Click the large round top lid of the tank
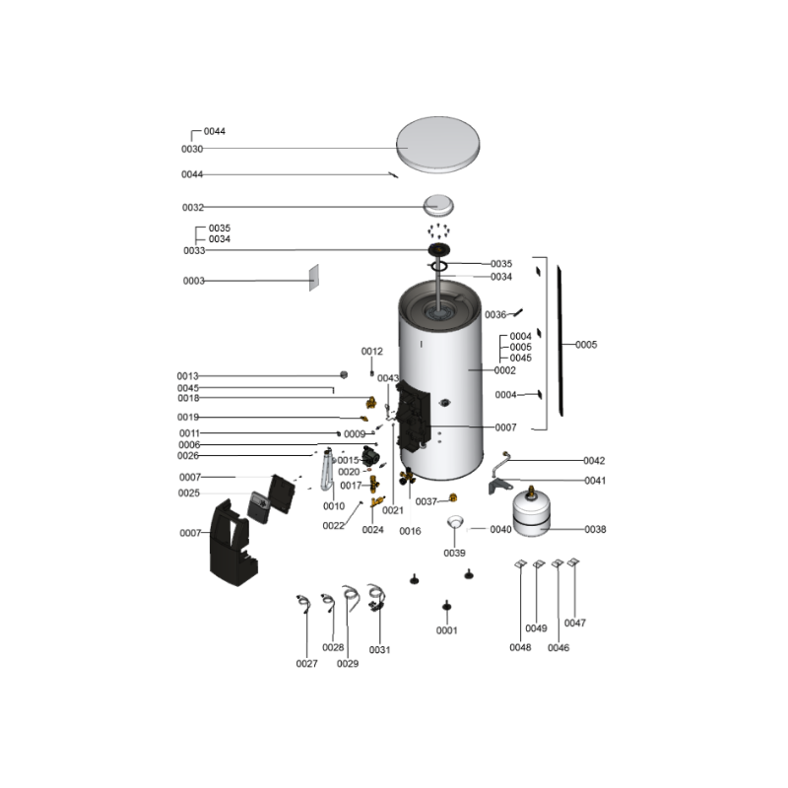437,145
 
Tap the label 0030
192,149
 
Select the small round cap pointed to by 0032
438,205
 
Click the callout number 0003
193,281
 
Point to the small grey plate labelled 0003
313,278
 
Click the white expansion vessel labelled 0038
532,512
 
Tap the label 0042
594,460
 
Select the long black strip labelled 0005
559,341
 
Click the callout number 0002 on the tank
504,370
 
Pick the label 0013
187,376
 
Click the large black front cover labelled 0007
232,543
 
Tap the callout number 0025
189,493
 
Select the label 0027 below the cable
306,663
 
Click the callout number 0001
447,630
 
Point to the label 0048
520,647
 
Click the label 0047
575,623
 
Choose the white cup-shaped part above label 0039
455,522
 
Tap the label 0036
495,314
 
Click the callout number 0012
372,352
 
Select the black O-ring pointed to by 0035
438,265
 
